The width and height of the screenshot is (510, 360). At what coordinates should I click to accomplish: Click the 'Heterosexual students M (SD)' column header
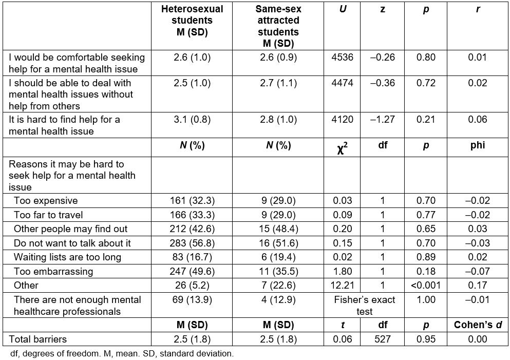pyautogui.click(x=192, y=21)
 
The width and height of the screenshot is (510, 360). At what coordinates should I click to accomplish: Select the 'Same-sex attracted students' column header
pyautogui.click(x=278, y=26)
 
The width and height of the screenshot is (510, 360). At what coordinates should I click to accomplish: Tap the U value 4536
pyautogui.click(x=342, y=57)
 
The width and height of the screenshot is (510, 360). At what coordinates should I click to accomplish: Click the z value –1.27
pyautogui.click(x=383, y=119)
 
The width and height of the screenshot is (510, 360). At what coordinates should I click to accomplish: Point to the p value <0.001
pyautogui.click(x=426, y=286)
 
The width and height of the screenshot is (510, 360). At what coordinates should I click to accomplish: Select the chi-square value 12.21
pyautogui.click(x=342, y=286)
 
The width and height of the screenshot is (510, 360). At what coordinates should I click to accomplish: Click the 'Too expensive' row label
pyautogui.click(x=46, y=201)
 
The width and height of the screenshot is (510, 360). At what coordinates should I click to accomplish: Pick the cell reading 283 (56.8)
pyautogui.click(x=192, y=243)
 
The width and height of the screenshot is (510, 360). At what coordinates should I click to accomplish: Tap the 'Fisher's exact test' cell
pyautogui.click(x=364, y=306)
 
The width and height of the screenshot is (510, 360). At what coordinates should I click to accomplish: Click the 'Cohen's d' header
pyautogui.click(x=478, y=325)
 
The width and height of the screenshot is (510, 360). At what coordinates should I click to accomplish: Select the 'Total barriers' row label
pyautogui.click(x=37, y=339)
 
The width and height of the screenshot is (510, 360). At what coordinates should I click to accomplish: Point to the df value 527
pyautogui.click(x=383, y=339)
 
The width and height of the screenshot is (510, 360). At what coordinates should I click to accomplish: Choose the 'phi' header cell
pyautogui.click(x=478, y=145)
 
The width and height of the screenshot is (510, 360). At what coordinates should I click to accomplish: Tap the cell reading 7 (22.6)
pyautogui.click(x=278, y=286)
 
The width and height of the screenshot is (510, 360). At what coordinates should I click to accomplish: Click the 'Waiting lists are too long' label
pyautogui.click(x=67, y=257)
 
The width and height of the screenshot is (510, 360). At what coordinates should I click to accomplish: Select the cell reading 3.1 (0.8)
pyautogui.click(x=192, y=119)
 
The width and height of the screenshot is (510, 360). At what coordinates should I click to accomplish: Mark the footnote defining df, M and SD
pyautogui.click(x=122, y=354)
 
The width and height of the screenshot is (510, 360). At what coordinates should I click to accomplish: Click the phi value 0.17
pyautogui.click(x=478, y=286)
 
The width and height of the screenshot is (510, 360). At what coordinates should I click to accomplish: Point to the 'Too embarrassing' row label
pyautogui.click(x=53, y=272)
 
